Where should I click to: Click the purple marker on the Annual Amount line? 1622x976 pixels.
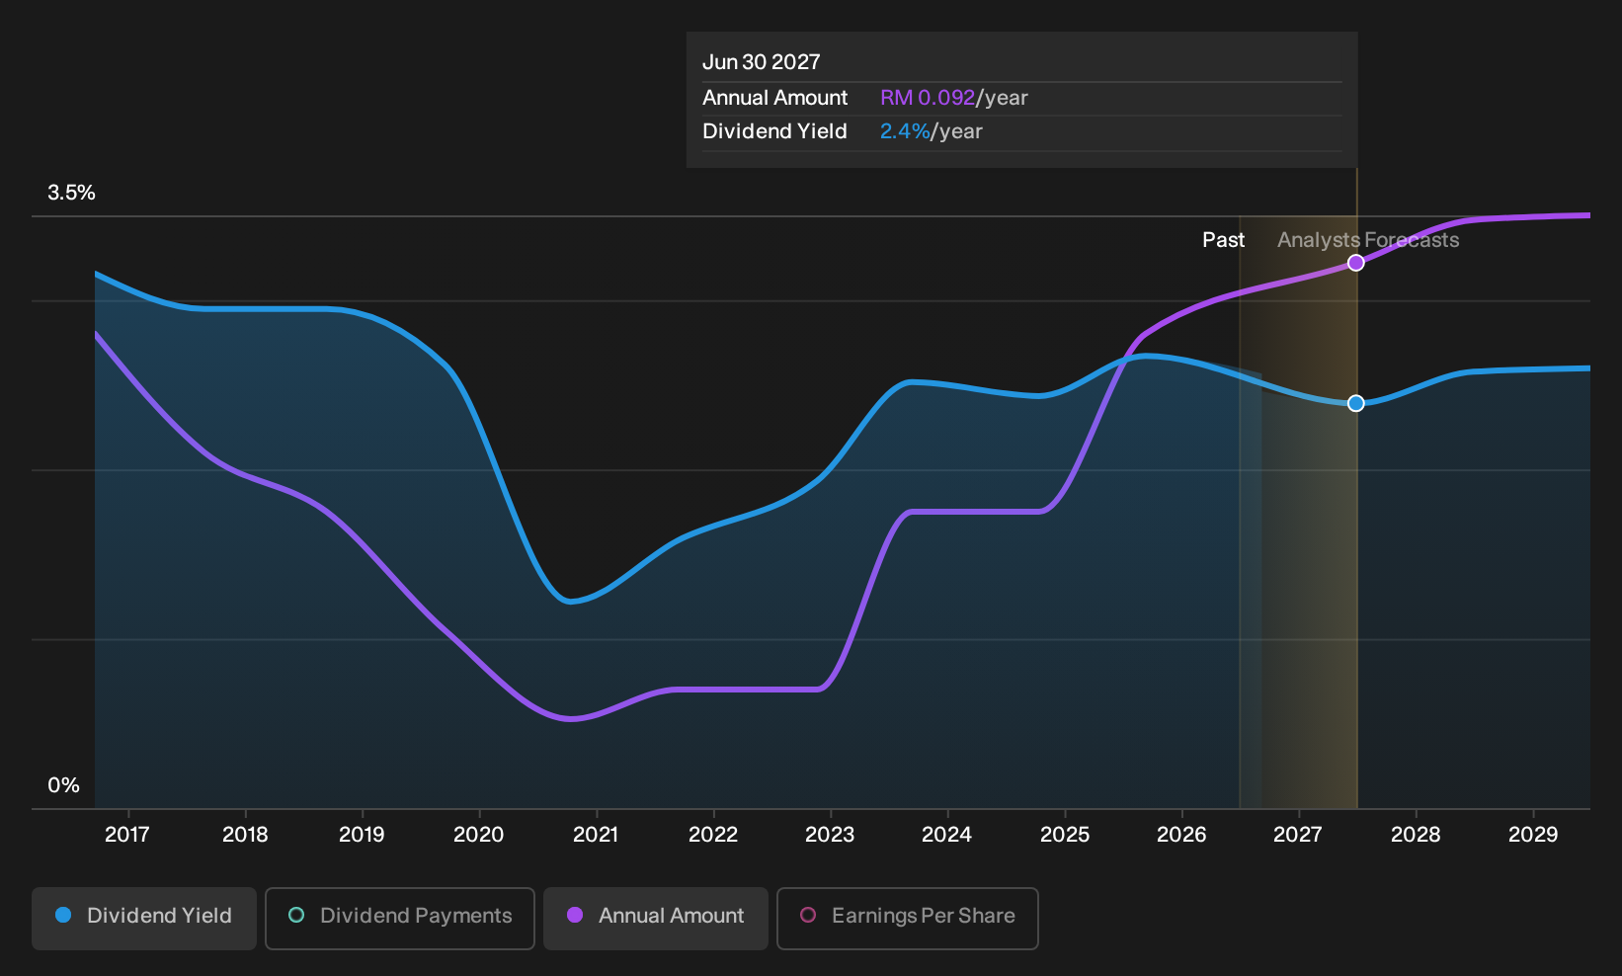coord(1356,263)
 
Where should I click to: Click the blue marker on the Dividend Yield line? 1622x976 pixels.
coord(1356,403)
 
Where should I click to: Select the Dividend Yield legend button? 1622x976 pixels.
coord(144,918)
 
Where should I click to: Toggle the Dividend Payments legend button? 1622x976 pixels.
coord(400,918)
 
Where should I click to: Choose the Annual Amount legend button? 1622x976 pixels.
coord(655,918)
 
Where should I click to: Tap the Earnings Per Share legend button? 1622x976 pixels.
coord(907,918)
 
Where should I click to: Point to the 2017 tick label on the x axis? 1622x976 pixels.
coord(127,835)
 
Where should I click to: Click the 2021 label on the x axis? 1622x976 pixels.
coord(596,835)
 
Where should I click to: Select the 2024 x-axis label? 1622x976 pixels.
coord(947,835)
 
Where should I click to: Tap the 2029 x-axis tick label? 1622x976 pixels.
coord(1533,835)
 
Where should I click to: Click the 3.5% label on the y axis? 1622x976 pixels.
coord(71,193)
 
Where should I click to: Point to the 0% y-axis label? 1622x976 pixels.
coord(64,785)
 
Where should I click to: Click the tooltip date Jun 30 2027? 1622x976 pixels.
coord(761,62)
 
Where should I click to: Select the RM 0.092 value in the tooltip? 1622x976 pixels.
coord(928,98)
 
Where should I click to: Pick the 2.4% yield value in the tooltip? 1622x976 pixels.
coord(905,131)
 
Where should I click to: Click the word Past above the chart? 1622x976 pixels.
coord(1223,240)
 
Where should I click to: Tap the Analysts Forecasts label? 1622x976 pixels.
coord(1368,240)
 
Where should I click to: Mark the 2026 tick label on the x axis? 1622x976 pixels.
coord(1181,835)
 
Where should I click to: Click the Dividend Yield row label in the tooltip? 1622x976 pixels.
coord(774,131)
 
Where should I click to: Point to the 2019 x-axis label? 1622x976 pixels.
coord(363,835)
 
